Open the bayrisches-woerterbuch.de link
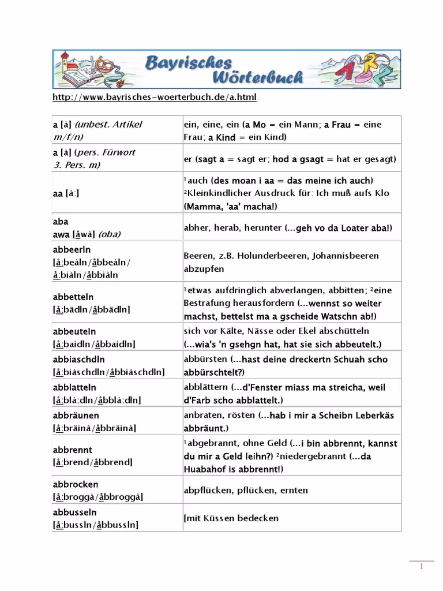pos(154,97)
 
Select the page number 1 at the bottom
pos(422,566)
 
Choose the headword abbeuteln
pos(74,331)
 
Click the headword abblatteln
pos(74,387)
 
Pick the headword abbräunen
pos(76,415)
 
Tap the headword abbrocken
pos(75,484)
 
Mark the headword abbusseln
pos(74,512)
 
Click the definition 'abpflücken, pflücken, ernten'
pos(246,490)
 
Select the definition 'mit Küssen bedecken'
pos(232,518)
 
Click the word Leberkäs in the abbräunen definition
pos(370,415)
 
